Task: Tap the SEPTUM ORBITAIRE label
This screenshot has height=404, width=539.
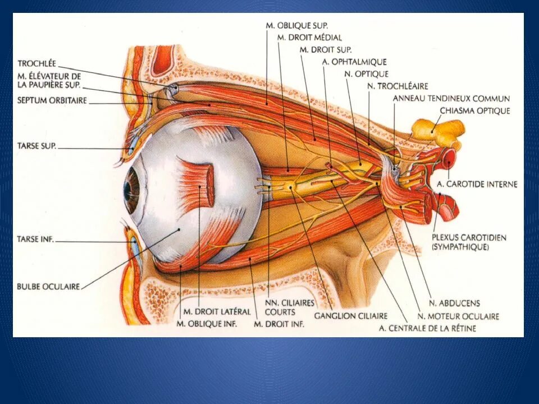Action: coord(52,102)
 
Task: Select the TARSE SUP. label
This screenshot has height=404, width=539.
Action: coord(36,147)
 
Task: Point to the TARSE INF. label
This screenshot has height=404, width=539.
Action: coord(35,240)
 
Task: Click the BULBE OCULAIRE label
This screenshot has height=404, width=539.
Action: coord(48,286)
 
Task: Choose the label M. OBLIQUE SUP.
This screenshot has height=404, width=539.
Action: coord(297,26)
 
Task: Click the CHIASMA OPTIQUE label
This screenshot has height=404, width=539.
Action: coord(474,111)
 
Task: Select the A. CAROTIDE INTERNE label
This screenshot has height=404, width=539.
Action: coord(477,184)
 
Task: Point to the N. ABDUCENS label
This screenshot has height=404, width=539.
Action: coord(454,304)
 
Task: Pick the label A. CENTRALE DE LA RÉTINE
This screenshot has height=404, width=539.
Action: coord(427,328)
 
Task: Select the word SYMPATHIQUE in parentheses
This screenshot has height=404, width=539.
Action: coord(460,247)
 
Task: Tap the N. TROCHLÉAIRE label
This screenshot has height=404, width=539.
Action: coord(398,86)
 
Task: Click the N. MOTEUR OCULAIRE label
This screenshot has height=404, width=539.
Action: coord(458,316)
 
